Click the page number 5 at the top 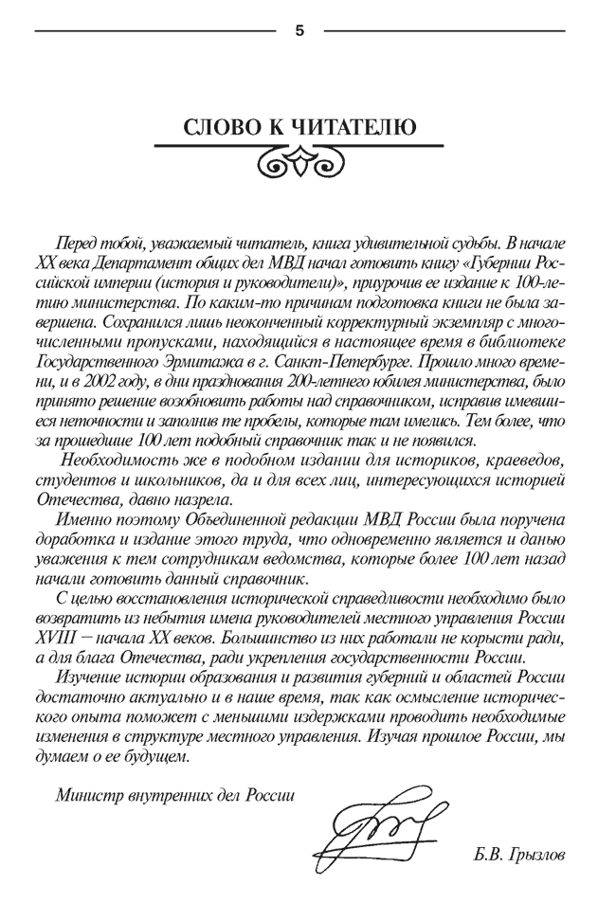299,30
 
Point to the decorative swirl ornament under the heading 299,166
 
